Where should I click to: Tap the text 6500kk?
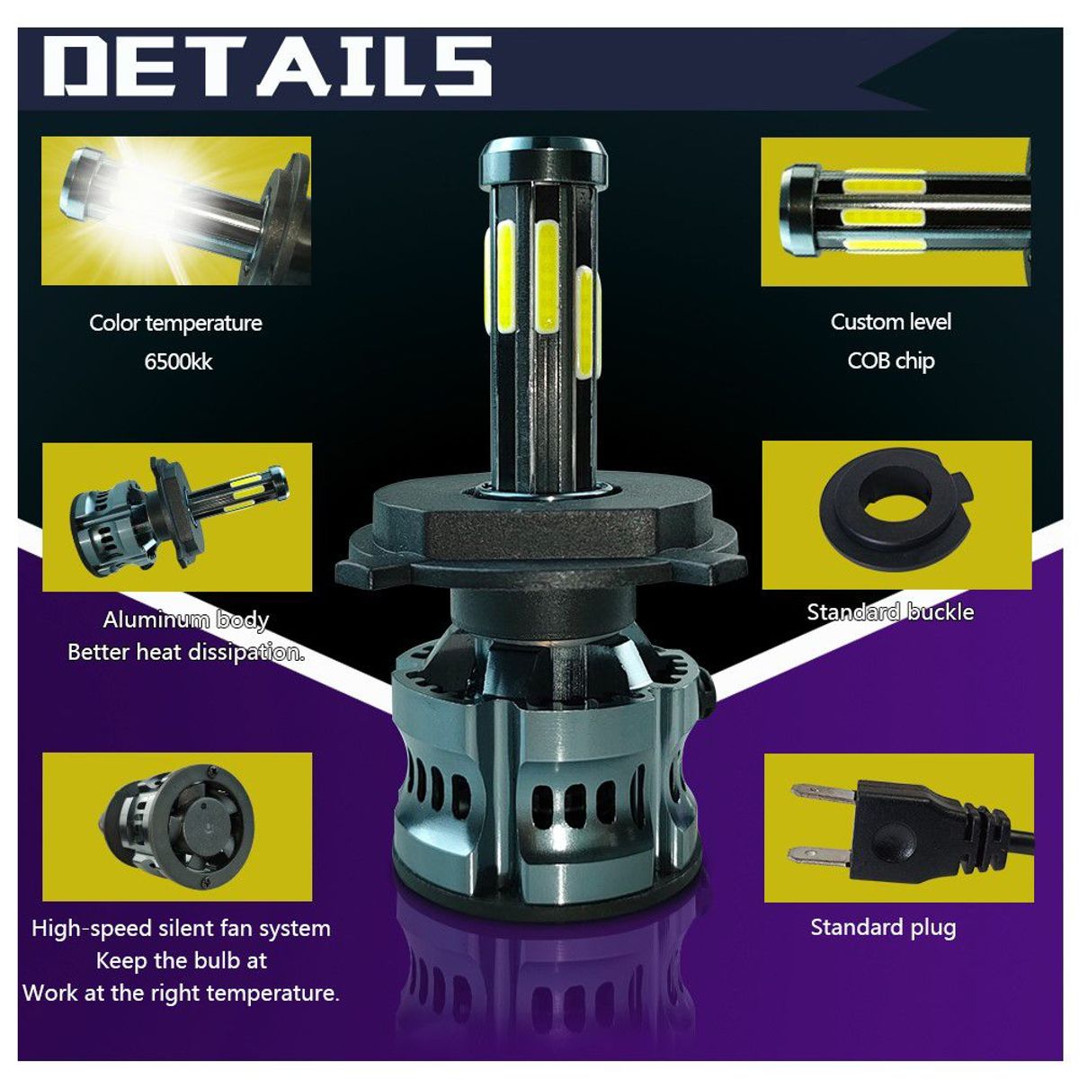click(178, 362)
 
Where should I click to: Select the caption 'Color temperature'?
click(176, 324)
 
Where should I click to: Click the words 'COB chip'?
click(890, 361)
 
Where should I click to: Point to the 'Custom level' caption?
click(890, 322)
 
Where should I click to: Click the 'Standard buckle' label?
click(890, 612)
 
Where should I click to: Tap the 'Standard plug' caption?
click(884, 928)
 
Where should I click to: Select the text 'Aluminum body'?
click(186, 620)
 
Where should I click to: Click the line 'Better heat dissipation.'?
click(186, 652)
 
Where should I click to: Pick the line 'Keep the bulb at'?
click(182, 961)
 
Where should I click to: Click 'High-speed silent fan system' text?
click(181, 928)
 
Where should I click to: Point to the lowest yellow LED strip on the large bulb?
click(587, 323)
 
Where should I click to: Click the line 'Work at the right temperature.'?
click(182, 994)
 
